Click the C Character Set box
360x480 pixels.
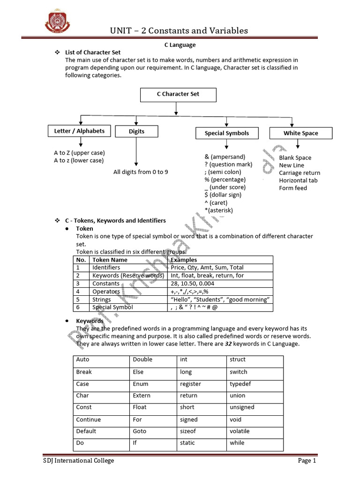click(178, 95)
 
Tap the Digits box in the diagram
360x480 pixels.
click(136, 132)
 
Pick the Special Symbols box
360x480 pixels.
click(226, 134)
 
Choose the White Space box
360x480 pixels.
click(300, 134)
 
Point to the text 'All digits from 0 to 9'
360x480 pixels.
click(141, 172)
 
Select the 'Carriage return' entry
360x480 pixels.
click(300, 173)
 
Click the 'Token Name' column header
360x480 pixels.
click(110, 260)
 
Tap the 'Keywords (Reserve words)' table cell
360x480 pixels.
click(128, 276)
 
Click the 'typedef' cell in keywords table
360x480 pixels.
click(240, 384)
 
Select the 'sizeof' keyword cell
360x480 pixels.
click(188, 431)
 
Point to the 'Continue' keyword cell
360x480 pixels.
click(89, 420)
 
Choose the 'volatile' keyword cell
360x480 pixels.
click(240, 431)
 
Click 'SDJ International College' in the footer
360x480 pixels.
click(76, 461)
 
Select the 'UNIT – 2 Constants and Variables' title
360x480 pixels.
click(179, 31)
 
